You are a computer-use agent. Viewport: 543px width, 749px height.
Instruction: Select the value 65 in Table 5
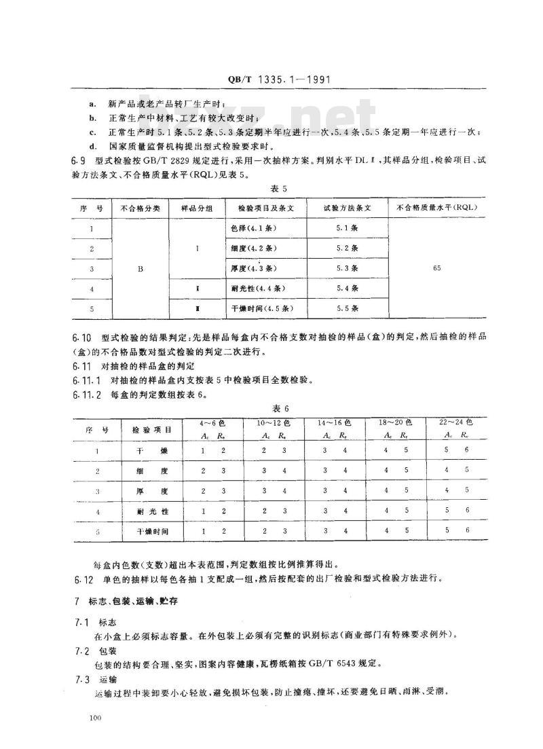436,269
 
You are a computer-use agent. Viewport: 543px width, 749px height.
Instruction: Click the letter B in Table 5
141,269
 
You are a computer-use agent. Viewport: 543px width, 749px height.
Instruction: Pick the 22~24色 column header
455,422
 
